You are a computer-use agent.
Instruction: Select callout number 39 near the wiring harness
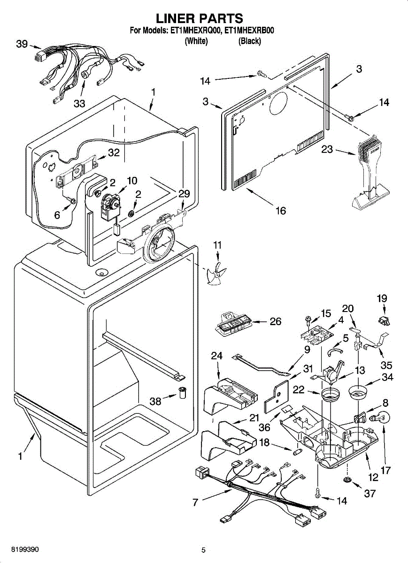click(22, 44)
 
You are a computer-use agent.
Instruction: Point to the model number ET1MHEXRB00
click(249, 30)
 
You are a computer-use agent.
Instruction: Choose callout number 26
click(275, 321)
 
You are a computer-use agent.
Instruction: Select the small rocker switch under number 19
click(384, 321)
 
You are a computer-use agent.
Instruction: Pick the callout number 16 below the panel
click(281, 211)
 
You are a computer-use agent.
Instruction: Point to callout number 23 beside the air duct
click(327, 150)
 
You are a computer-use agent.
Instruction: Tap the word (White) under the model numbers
click(196, 41)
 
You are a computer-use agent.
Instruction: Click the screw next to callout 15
click(308, 320)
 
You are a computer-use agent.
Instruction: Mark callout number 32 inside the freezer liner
click(114, 152)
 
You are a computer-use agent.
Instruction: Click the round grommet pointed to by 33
click(85, 75)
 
